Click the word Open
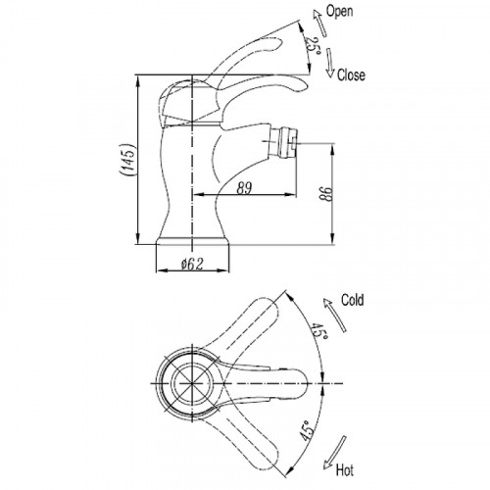click(340, 12)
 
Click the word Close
click(351, 75)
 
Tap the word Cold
click(353, 300)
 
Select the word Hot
click(345, 470)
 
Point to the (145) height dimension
click(127, 160)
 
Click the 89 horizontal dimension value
click(244, 188)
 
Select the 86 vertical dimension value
click(325, 194)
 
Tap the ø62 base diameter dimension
click(193, 264)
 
